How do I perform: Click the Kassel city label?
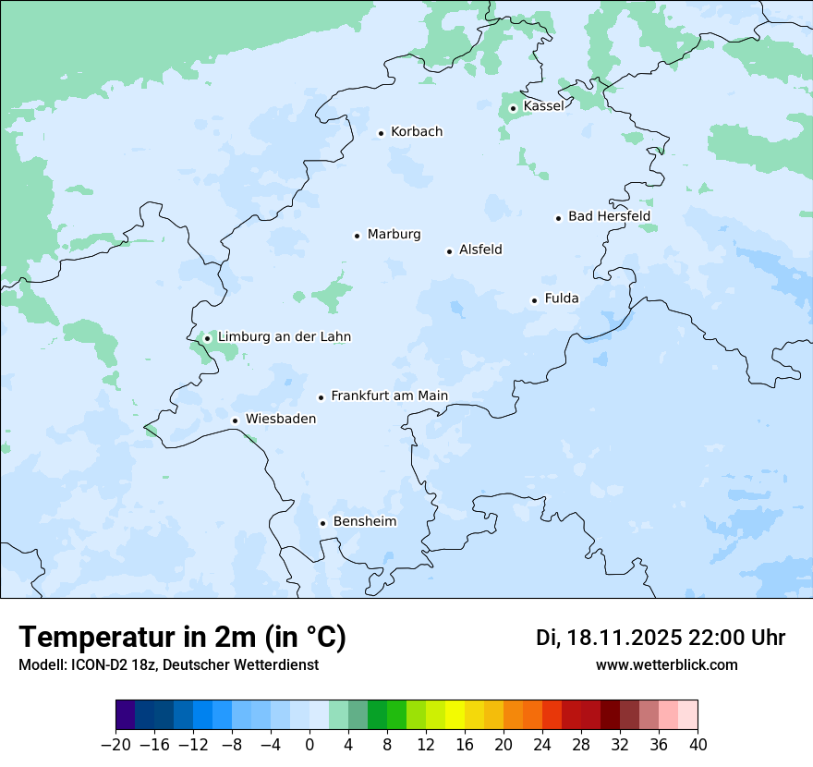tap(543, 106)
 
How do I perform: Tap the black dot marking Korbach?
tap(381, 133)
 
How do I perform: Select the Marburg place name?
tap(394, 235)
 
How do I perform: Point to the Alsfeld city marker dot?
tap(450, 251)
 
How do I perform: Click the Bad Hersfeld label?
tap(609, 216)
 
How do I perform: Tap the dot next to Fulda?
tap(534, 300)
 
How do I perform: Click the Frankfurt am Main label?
tap(389, 396)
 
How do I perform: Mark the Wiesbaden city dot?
tap(236, 420)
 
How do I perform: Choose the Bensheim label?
tap(364, 522)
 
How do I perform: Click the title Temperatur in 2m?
tap(182, 638)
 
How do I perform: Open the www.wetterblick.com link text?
tap(666, 665)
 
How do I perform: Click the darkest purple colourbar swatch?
tap(126, 715)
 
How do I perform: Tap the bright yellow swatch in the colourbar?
tap(455, 715)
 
